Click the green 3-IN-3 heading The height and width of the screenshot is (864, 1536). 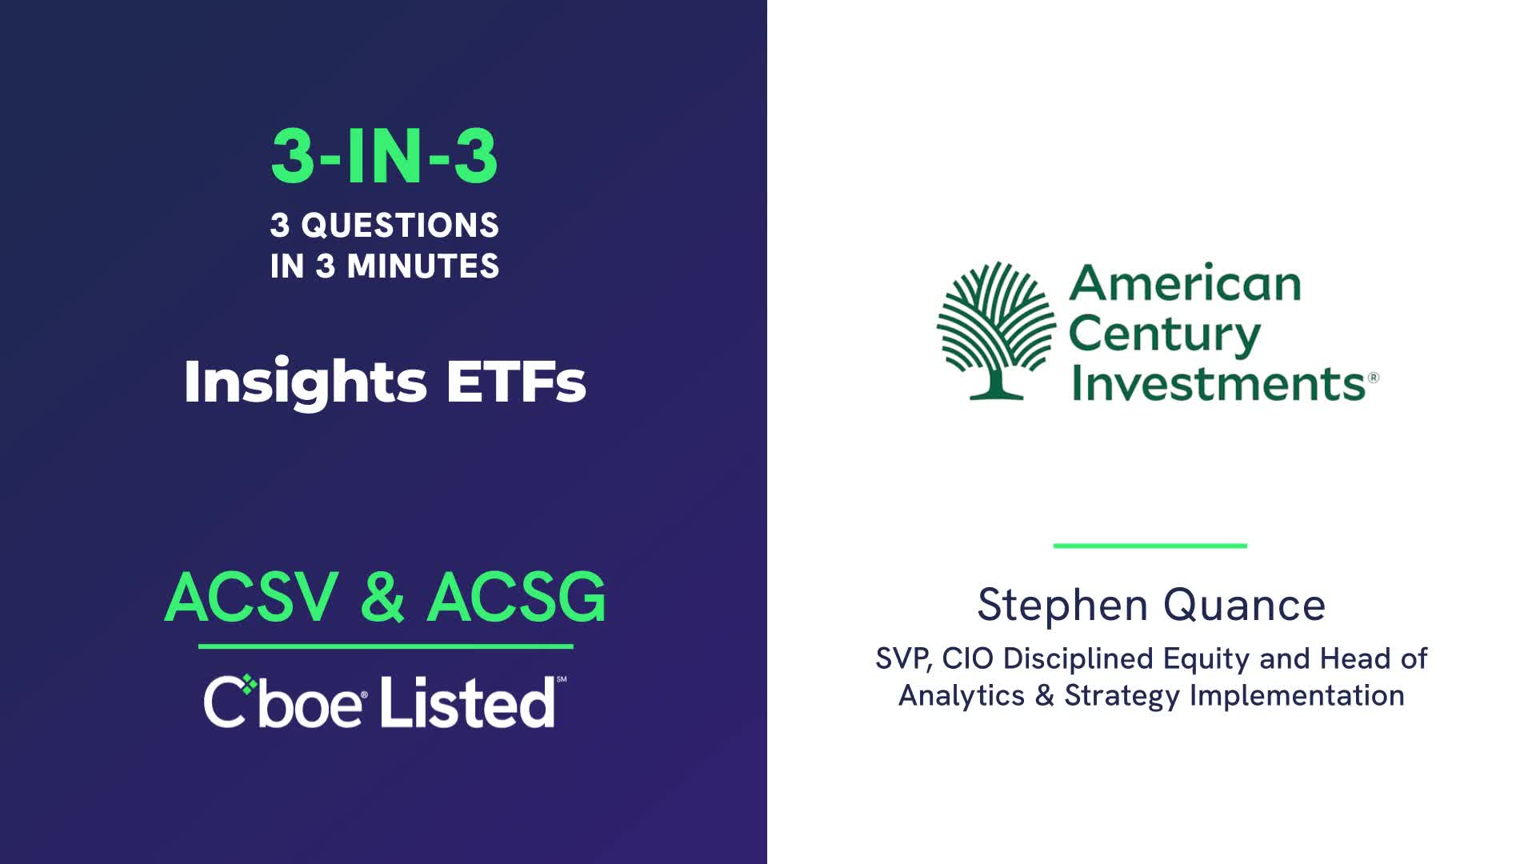[385, 156]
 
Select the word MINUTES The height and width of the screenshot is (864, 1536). [423, 266]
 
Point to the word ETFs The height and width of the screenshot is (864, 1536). [516, 382]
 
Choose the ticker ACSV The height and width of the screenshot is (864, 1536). [252, 597]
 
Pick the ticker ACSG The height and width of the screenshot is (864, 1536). [517, 597]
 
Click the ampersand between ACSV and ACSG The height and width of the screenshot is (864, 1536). [382, 597]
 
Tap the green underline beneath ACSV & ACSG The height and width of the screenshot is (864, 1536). [386, 646]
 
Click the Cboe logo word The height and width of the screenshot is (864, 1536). [285, 702]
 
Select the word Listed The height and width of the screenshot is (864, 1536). [467, 702]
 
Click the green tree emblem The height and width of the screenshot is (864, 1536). [997, 330]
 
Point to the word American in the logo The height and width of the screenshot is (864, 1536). [1185, 283]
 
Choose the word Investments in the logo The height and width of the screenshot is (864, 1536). [1218, 382]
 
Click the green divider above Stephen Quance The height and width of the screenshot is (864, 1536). [1150, 546]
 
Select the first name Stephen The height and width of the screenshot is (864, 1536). [1062, 606]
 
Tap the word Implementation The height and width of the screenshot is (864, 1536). [1297, 696]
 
